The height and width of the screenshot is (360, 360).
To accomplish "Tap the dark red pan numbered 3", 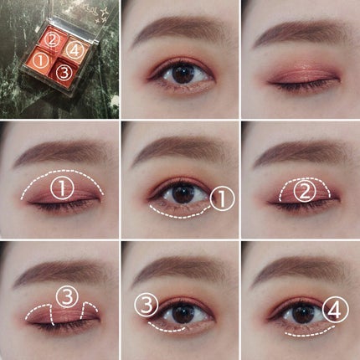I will point(64,73).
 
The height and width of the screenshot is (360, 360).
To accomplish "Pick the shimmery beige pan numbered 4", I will point(75,49).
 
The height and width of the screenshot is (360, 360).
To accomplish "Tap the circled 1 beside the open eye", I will point(222,198).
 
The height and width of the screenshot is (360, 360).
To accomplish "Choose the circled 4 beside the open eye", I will point(334,311).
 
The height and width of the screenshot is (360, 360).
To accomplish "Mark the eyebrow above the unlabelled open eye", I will point(176,35).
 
